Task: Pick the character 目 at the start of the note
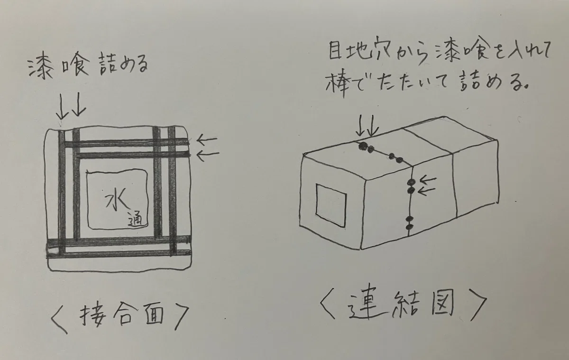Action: [x=335, y=51]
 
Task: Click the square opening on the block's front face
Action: [x=331, y=205]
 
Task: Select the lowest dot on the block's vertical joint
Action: [x=409, y=227]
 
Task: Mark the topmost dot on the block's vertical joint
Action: [x=411, y=182]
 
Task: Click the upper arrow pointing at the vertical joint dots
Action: [x=428, y=180]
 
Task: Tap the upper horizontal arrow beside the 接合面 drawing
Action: [x=207, y=139]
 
